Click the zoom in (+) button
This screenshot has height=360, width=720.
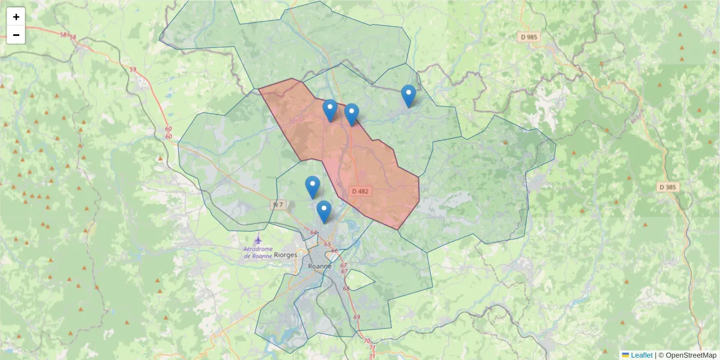coord(16,17)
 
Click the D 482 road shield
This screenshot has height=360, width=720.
coord(361,191)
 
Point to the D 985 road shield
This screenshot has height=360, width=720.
coord(529,37)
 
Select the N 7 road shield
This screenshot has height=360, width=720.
coord(278,205)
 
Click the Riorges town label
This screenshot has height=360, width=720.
coord(285,255)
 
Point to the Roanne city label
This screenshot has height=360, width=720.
coord(319,266)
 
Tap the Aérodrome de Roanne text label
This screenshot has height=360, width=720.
coord(257,253)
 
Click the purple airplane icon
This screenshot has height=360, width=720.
coord(258,239)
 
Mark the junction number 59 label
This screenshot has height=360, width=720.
coord(133,70)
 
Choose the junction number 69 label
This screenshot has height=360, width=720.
coord(357,317)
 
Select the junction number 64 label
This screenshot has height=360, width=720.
coord(314,232)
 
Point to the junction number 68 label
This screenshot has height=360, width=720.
coord(346,289)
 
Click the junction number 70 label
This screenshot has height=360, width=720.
coord(367,341)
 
